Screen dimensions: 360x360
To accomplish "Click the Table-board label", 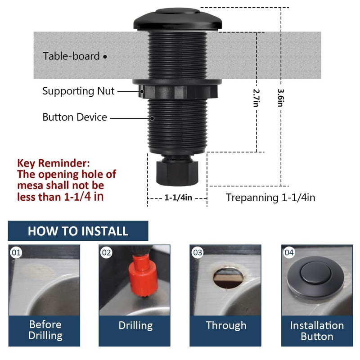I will [71, 56].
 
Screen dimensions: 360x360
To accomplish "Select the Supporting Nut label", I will [78, 91].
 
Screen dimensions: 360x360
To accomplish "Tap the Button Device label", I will [75, 117].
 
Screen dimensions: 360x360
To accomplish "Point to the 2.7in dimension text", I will [256, 97].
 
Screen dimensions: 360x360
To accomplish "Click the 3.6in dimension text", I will [281, 97].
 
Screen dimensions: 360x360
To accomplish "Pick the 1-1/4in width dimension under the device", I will [178, 198].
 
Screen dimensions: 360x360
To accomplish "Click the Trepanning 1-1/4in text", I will [270, 198].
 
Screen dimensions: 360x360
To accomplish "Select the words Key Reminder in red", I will [53, 163].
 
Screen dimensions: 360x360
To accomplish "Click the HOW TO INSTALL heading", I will [78, 231].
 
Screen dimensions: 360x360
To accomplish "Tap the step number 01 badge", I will [16, 252].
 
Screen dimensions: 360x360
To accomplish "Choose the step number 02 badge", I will [107, 252].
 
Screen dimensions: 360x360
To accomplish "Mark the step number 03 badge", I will [198, 252].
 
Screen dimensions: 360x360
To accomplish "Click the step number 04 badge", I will [289, 252].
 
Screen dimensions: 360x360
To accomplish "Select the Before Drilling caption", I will [45, 330].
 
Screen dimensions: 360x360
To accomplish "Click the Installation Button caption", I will [317, 331].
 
